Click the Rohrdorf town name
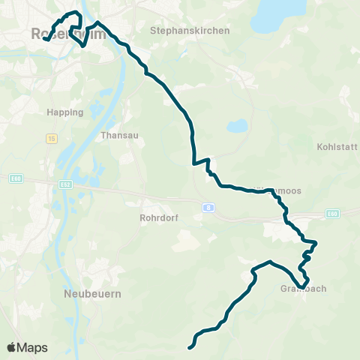pyautogui.click(x=157, y=218)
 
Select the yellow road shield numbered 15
pyautogui.click(x=51, y=139)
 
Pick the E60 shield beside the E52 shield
pyautogui.click(x=15, y=178)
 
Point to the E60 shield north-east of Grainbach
pyautogui.click(x=331, y=214)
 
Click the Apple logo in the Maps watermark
pyautogui.click(x=12, y=347)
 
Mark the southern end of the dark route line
pyautogui.click(x=190, y=346)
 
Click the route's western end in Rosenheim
pyautogui.click(x=45, y=39)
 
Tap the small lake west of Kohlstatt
pyautogui.click(x=237, y=126)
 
